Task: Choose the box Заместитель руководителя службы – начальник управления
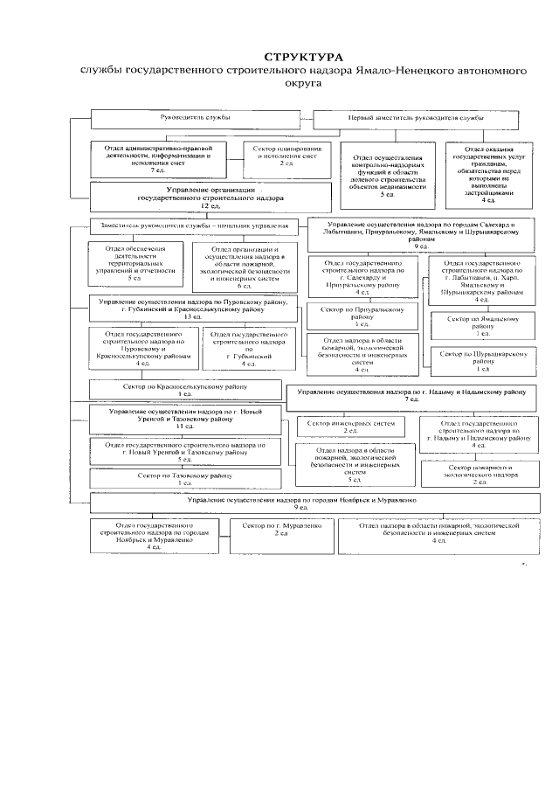(194, 226)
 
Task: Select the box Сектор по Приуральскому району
(362, 316)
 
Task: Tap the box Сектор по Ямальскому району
(483, 324)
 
